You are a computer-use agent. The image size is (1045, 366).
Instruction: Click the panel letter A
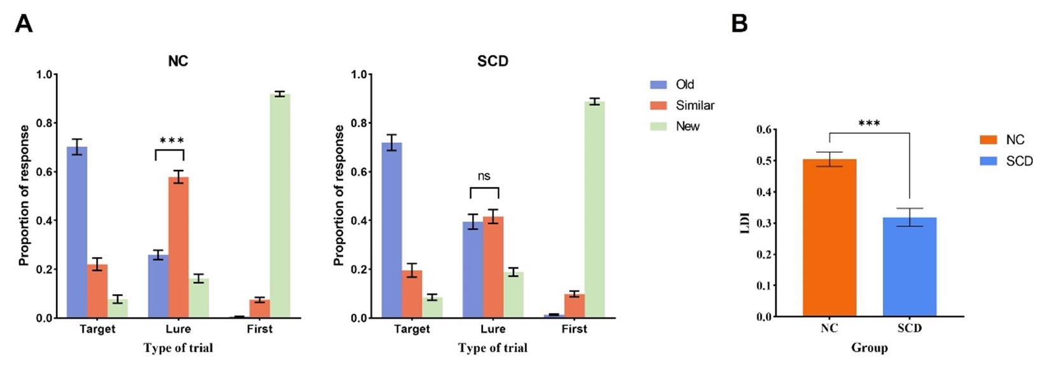point(24,24)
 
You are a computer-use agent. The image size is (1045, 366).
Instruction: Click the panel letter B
point(740,24)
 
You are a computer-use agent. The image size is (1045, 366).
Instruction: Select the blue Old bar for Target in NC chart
point(77,232)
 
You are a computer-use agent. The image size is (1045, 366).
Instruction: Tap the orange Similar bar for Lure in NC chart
point(178,248)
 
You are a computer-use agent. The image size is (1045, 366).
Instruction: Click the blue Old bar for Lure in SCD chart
point(472,270)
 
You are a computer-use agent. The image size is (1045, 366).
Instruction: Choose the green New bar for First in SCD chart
point(594,209)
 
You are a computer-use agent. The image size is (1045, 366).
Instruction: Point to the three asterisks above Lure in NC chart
point(171,141)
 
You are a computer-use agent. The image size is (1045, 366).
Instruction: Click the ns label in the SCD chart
point(484,176)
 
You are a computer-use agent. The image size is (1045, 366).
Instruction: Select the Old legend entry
point(685,85)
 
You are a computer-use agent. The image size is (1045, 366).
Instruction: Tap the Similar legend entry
point(694,106)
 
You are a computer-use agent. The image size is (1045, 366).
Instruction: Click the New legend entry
point(687,127)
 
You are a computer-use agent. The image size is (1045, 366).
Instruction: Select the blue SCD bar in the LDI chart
point(909,267)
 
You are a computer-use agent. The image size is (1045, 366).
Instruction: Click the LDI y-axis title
point(746,223)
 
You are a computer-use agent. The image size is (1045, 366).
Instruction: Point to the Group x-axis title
point(869,348)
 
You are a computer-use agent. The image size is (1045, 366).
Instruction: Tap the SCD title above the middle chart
point(493,61)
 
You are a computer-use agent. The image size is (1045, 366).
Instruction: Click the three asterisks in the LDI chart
point(869,123)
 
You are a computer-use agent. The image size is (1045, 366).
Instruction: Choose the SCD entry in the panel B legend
point(1019,162)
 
